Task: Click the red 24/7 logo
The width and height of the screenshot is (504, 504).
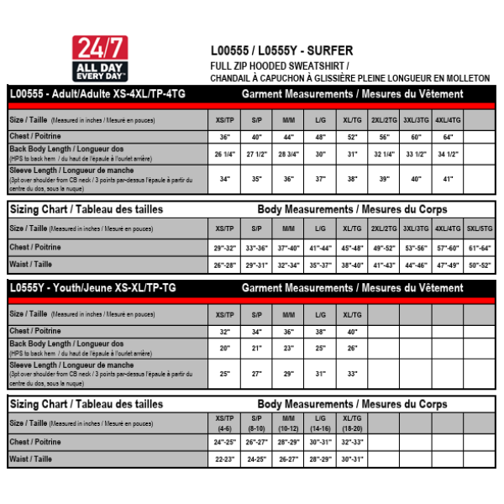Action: click(x=100, y=57)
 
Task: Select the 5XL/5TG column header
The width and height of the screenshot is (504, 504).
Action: click(x=480, y=228)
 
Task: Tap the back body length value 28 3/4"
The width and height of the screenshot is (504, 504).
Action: click(x=288, y=155)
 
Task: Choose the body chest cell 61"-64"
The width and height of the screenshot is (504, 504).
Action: click(x=480, y=248)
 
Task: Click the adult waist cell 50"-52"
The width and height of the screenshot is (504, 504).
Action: click(x=480, y=265)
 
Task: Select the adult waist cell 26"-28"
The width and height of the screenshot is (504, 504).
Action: click(x=224, y=265)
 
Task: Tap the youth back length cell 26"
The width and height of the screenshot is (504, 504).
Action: click(x=352, y=348)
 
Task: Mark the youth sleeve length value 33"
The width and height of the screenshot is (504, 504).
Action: click(x=352, y=373)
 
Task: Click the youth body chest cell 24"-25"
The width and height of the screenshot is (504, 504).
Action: click(x=224, y=442)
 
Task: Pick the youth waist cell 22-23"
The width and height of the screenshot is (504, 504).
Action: click(x=224, y=459)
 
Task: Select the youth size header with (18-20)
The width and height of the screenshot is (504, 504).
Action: click(x=352, y=423)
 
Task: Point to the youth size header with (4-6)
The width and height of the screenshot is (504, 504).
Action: click(x=224, y=423)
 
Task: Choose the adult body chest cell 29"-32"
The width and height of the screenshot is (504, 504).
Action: click(x=224, y=248)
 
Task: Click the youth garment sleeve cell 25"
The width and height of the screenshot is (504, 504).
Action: click(x=224, y=373)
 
